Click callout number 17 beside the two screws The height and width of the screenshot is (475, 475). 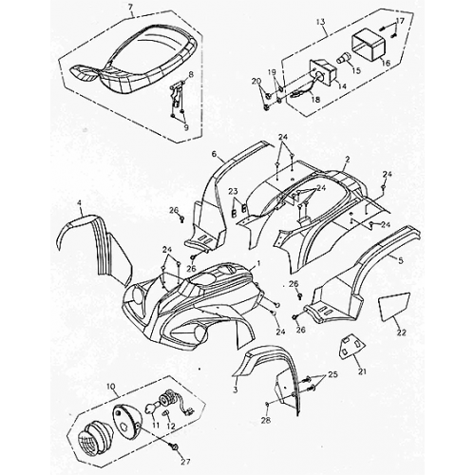pyautogui.click(x=400, y=21)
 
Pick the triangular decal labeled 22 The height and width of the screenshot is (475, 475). pyautogui.click(x=390, y=308)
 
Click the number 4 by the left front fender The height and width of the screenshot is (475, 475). pyautogui.click(x=80, y=203)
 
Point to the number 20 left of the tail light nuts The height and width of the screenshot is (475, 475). pyautogui.click(x=255, y=82)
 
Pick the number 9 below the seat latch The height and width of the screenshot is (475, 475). pyautogui.click(x=187, y=126)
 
